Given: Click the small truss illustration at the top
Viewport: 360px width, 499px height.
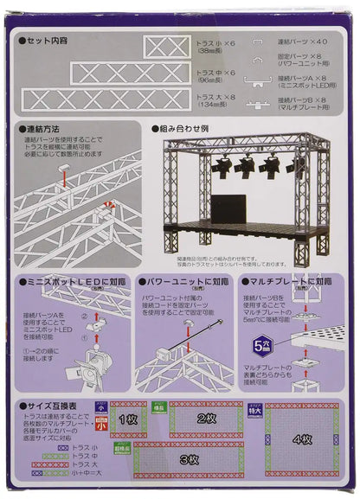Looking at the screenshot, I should [166, 47].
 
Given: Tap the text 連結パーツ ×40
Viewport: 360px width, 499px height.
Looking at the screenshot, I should [302, 40].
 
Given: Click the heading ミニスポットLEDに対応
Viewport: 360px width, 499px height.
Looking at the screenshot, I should [70, 282].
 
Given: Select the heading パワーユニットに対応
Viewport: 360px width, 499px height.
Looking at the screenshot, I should [186, 282].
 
